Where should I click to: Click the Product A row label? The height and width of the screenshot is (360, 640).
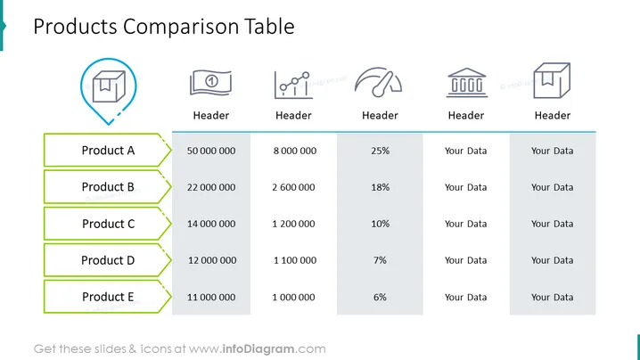tap(108, 151)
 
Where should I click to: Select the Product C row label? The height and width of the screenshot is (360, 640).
tap(108, 224)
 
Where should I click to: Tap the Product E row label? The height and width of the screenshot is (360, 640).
tap(108, 297)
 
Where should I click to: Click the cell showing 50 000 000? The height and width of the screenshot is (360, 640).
tap(211, 151)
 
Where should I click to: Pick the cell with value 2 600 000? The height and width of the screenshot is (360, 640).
tap(293, 187)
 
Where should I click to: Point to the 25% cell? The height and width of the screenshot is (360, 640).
tap(380, 151)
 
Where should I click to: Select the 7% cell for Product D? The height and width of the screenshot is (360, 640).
tap(380, 260)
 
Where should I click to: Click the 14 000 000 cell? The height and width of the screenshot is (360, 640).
tap(211, 224)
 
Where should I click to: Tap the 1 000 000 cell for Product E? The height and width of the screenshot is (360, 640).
tap(293, 297)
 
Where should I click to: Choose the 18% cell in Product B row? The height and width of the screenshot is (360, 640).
tap(380, 187)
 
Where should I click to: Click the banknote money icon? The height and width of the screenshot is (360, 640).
tap(210, 83)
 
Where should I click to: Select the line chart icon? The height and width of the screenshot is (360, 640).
tap(293, 85)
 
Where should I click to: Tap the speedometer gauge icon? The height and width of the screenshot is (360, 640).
tap(378, 83)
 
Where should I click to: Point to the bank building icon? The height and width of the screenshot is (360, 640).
tap(466, 83)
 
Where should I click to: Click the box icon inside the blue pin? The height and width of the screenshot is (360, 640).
tap(109, 86)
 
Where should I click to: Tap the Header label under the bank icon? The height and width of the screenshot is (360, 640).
tap(466, 116)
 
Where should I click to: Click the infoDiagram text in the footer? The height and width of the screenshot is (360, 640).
tap(258, 349)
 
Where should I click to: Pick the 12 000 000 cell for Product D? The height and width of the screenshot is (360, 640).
tap(212, 260)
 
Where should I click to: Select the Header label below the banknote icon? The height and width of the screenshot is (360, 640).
tap(211, 116)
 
